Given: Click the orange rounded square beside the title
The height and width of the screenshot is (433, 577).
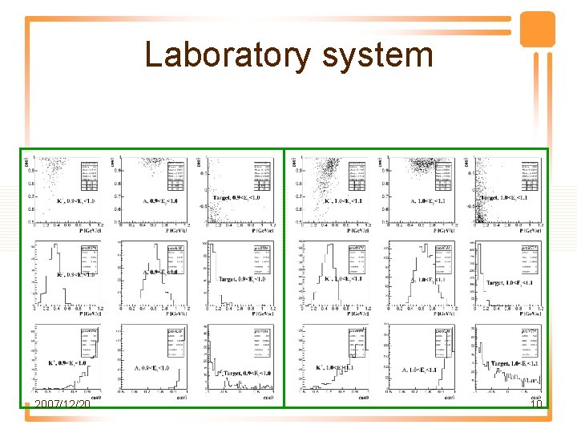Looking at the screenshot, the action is tap(537, 30).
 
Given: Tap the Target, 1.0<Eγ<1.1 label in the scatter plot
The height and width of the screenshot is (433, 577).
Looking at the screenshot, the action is tap(505, 197).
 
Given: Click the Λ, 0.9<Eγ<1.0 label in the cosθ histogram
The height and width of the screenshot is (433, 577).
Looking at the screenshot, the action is tap(151, 368).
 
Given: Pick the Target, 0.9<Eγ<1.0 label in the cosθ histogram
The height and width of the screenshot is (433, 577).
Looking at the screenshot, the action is tap(244, 373).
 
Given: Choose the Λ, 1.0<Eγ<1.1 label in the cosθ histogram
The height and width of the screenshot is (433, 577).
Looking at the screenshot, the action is tap(419, 370).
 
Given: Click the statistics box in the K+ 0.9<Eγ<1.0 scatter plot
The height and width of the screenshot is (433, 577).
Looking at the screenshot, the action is tap(87, 172).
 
